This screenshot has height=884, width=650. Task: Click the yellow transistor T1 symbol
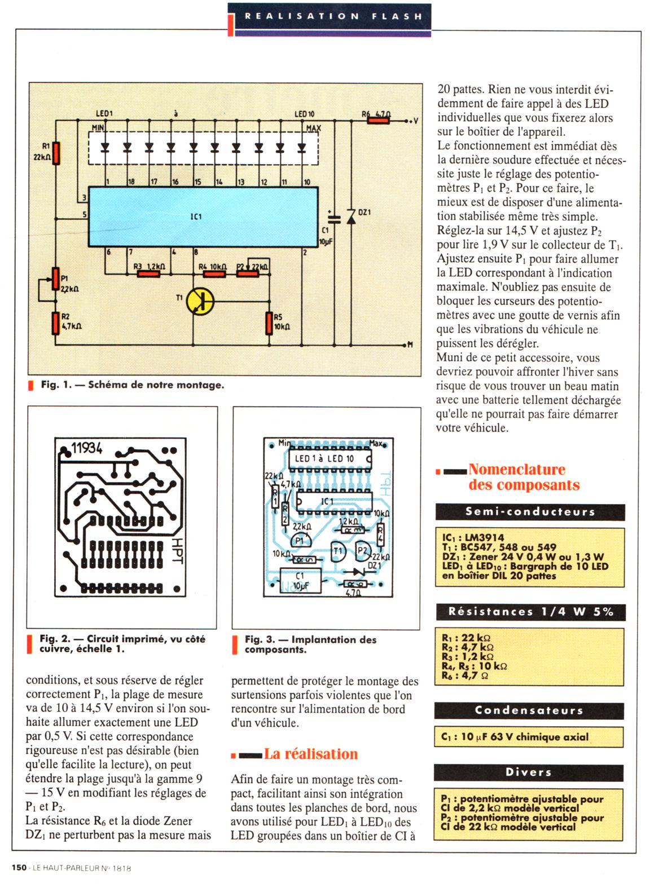pos(200,302)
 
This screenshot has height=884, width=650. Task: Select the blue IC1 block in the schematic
pos(203,216)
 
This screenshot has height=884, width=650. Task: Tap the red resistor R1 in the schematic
pos(56,153)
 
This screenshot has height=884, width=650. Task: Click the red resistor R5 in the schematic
pos(269,323)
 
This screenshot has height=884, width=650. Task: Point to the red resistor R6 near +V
pos(378,121)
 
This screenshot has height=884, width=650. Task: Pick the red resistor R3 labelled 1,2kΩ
pos(148,274)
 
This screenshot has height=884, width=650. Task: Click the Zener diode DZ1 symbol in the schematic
pos(350,217)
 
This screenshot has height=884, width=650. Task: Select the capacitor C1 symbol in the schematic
pos(334,219)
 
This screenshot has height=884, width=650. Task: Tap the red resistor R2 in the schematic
pos(56,323)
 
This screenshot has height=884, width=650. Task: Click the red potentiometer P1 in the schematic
pos(56,279)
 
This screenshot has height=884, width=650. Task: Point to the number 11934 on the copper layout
pos(86,448)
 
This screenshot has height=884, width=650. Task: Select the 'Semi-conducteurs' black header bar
pos(530,512)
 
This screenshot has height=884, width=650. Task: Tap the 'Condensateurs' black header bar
pos(529,711)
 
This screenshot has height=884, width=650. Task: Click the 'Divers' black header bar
pos(528,772)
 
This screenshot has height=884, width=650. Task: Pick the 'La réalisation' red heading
pos(311,754)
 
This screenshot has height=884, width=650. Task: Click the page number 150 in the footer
pos(19,868)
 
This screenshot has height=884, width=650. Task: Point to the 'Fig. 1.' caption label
pos(56,384)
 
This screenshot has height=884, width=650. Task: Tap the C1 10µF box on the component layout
pos(300,581)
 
